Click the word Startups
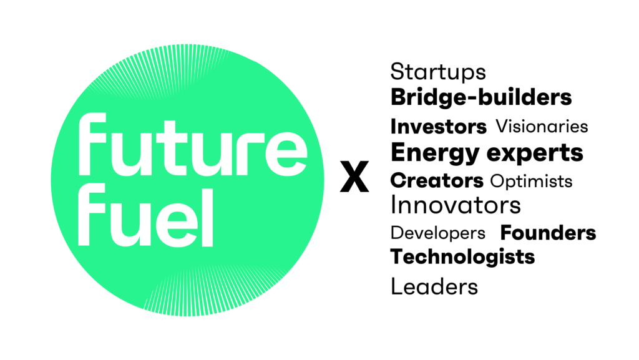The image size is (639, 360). coord(438,72)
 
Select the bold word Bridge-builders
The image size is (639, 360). coord(480,98)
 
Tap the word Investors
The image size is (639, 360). coord(438,127)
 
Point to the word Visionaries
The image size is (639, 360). coord(542,127)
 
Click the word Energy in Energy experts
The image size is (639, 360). coord(432,153)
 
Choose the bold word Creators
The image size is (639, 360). coord(437,181)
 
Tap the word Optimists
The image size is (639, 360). coord(531,181)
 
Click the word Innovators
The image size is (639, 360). coord(456,205)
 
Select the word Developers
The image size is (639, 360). coord(437,233)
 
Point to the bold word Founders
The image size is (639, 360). coord(548,233)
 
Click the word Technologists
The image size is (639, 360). coord(462,256)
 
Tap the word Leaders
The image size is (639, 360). coord(434,287)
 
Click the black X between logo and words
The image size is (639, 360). coord(354,177)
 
